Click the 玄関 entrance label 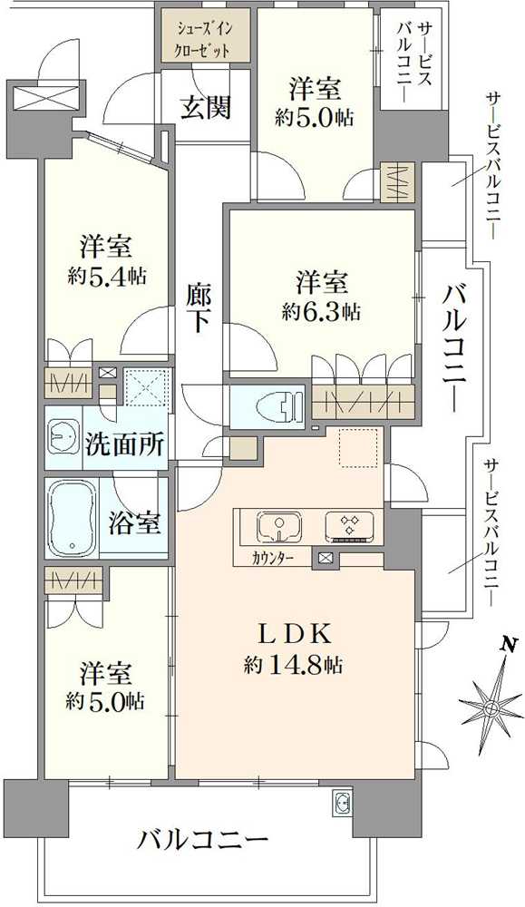coord(205,107)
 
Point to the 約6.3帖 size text coord(321,311)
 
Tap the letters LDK coord(292,633)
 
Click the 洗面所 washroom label coord(124,445)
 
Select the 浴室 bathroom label coord(135,523)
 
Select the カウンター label coord(273,558)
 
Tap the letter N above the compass coord(508,645)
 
